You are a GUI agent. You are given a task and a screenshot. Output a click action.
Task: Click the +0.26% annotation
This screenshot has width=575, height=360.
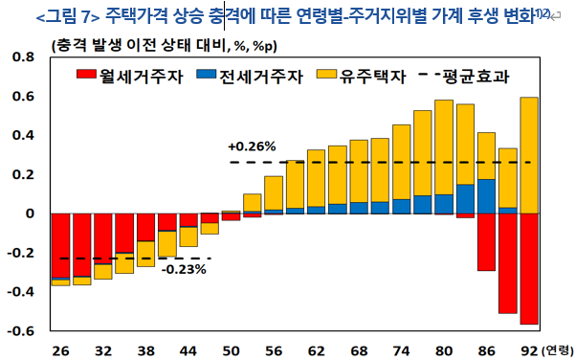tap(253, 146)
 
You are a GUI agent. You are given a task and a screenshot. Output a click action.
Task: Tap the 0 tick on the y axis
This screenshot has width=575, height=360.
tap(30, 214)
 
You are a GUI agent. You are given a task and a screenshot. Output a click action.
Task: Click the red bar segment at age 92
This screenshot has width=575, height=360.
tap(529, 268)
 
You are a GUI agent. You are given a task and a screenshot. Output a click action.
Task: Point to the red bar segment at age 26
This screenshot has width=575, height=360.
tap(59, 245)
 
